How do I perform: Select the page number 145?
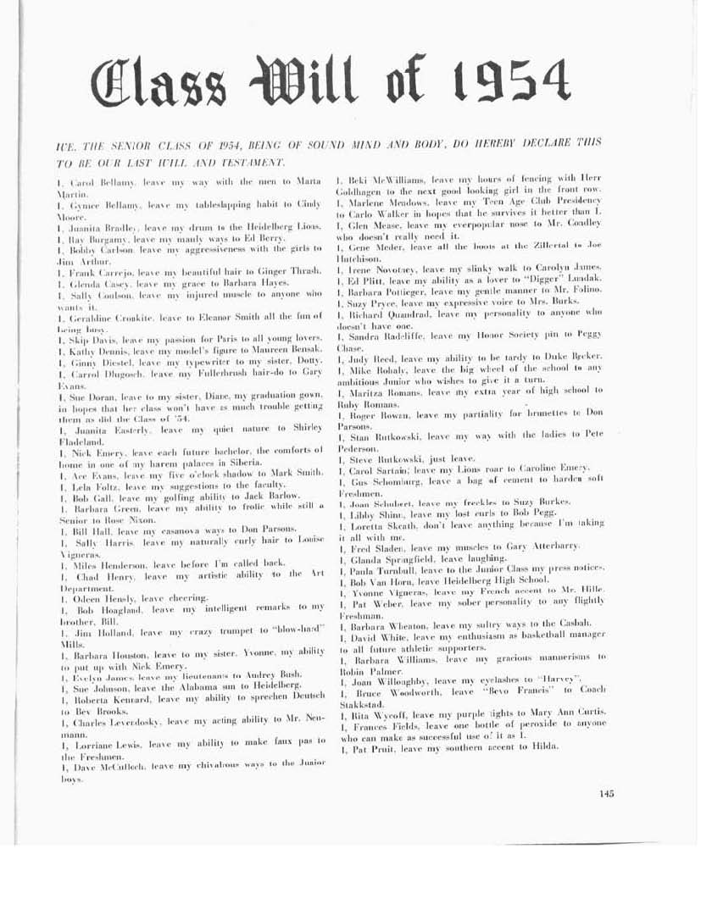(605, 793)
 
